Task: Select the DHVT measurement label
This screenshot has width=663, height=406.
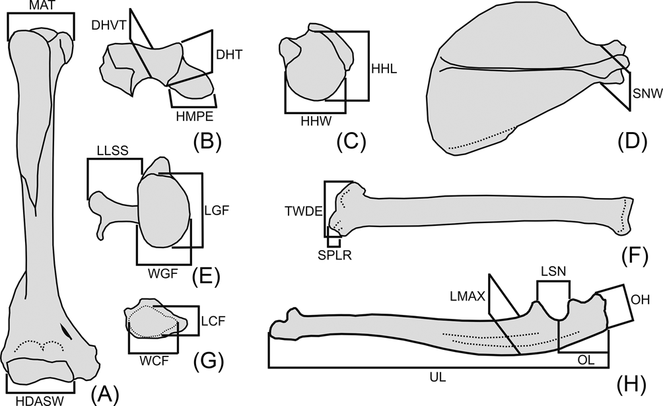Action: click(x=108, y=24)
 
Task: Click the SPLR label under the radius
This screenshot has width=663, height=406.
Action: click(x=332, y=255)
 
